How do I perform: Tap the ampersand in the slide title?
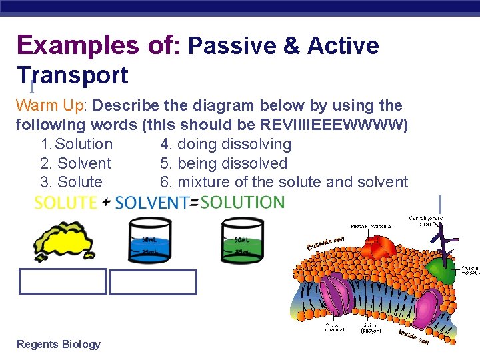click(292, 46)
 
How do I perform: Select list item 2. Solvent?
click(76, 163)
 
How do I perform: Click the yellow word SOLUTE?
click(65, 203)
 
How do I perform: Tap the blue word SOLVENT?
click(151, 203)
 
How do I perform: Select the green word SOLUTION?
click(242, 202)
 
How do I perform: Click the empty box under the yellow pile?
click(62, 281)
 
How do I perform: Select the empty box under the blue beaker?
click(153, 282)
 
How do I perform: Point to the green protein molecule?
click(440, 269)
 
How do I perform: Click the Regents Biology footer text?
click(59, 344)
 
